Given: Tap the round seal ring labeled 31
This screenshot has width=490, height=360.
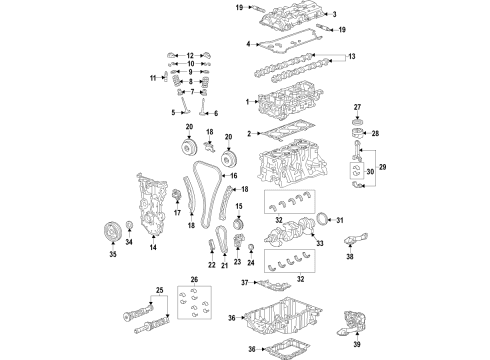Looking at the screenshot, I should click(320, 220).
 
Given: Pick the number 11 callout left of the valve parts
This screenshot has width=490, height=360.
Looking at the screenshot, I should click(153, 78).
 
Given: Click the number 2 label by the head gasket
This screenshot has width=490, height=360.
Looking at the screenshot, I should click(249, 133).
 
